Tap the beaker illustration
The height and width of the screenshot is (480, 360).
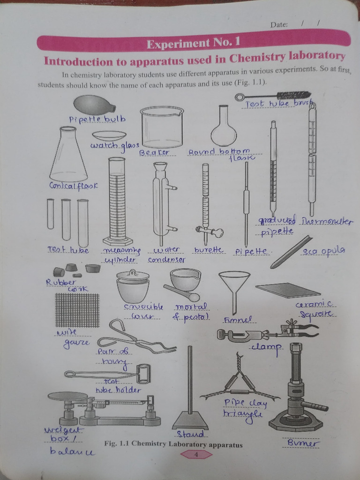point(162,127)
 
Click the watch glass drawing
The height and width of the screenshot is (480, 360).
point(109,135)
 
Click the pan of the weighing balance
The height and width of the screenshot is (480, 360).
point(67,397)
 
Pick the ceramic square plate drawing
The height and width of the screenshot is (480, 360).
point(287,290)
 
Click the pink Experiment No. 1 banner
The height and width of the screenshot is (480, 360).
point(193,43)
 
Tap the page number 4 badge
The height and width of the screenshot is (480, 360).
point(196,454)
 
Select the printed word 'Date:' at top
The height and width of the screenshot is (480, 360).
point(279,24)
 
